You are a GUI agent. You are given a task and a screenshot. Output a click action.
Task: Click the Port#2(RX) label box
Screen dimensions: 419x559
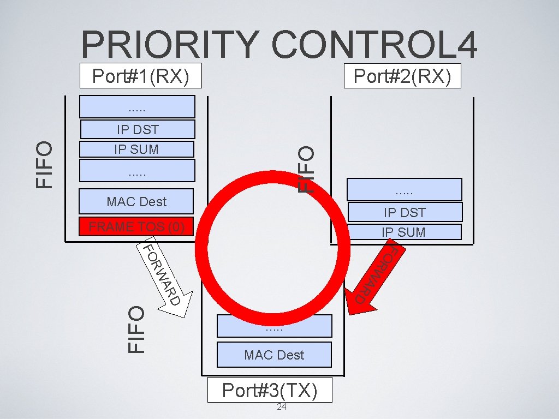coord(402,76)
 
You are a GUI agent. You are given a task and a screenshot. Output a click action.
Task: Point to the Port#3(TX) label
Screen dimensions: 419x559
coord(270,390)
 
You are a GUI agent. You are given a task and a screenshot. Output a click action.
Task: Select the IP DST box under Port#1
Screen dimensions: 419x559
coord(137,129)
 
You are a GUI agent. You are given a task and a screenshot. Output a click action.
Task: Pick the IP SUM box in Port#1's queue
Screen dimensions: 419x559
coord(136,149)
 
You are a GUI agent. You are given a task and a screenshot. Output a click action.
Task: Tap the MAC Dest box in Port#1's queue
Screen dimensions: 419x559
coord(136,201)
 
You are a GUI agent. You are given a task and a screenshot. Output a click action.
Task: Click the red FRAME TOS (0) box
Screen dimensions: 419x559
coord(136,226)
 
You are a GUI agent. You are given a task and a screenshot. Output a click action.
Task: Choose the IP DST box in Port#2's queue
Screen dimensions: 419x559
coord(405,212)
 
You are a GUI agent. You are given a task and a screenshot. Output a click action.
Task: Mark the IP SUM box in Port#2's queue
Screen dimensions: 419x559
coord(405,232)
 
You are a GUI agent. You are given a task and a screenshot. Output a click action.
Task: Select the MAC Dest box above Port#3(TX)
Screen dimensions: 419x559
coord(274,355)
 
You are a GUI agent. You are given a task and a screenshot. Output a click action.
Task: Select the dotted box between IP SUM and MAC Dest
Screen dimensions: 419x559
coord(137,170)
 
